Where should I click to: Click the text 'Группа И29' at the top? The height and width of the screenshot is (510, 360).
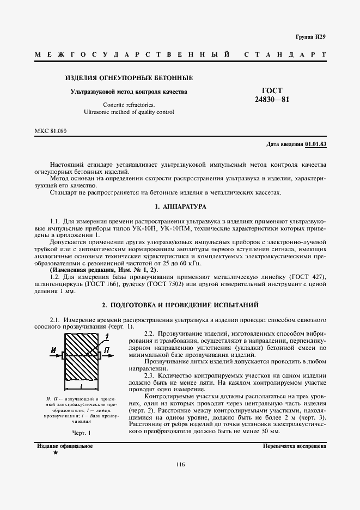coord(310,37)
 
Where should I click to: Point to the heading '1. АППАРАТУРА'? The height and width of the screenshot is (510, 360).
coord(180,207)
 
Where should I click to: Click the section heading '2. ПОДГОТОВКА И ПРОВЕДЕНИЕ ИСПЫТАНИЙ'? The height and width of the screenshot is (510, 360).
coord(180,305)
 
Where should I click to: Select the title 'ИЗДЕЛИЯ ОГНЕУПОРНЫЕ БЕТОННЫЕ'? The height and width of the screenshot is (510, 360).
coord(129,78)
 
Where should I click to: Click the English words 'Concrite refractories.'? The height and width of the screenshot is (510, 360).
coord(129,104)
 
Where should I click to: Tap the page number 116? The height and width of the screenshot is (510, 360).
coord(180,464)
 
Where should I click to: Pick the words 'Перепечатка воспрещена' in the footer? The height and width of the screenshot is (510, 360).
coord(294,446)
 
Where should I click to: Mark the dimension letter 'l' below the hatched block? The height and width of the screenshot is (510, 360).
coord(81,386)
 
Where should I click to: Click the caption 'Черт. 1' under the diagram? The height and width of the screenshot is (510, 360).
coord(82,433)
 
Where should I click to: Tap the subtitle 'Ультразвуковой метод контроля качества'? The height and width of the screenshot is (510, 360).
coord(129,92)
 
